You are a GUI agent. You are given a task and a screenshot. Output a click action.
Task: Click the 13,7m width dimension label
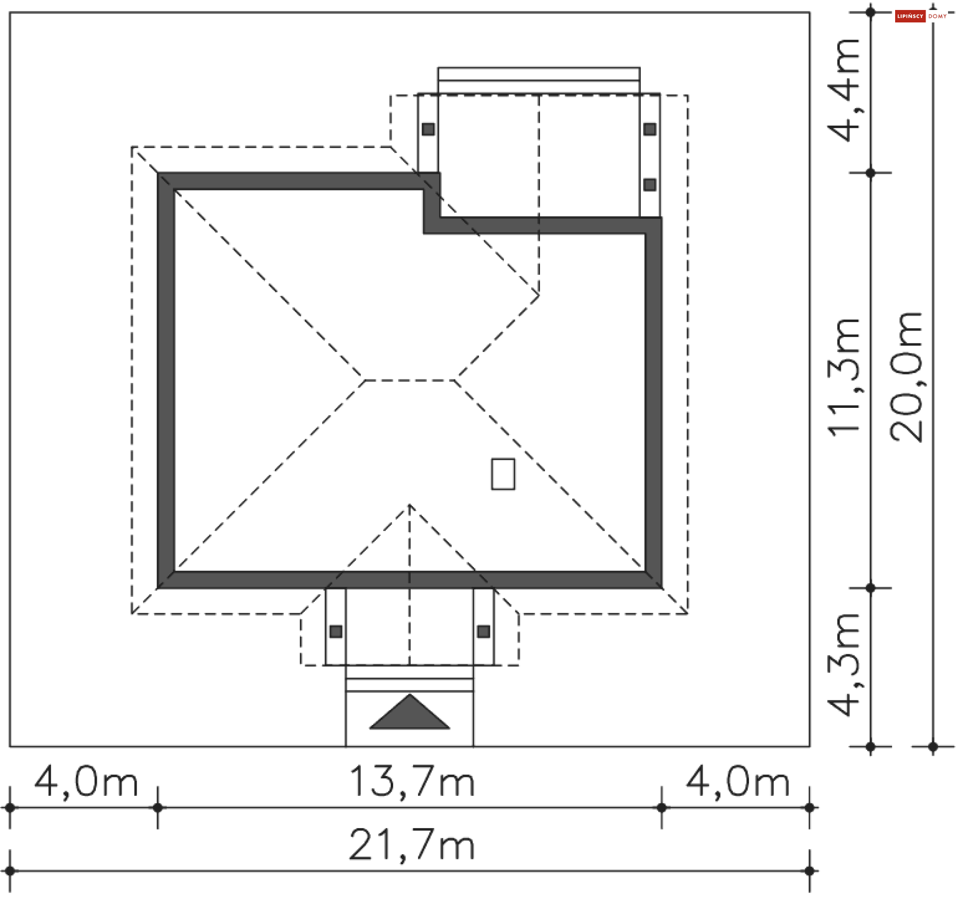tap(412, 781)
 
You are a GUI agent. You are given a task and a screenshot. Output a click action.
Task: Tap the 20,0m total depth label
tap(906, 377)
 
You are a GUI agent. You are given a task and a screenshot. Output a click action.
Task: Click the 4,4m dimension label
tap(844, 90)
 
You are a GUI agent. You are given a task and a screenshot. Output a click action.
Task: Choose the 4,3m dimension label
tap(844, 664)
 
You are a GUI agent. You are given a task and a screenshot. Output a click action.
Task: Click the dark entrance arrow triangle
tap(410, 712)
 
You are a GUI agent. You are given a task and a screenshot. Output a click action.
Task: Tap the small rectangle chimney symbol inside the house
tap(503, 474)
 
